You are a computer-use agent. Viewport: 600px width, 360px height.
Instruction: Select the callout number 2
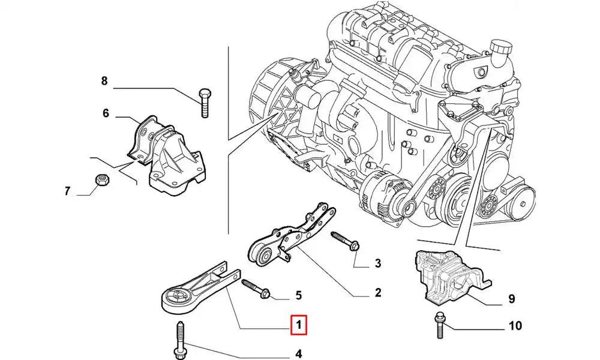[x=378, y=293]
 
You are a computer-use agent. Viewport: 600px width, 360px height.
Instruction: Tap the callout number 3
[x=378, y=263]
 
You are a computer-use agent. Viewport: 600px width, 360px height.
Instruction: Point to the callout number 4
[x=298, y=353]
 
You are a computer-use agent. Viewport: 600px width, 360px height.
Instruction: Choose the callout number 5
[x=298, y=295]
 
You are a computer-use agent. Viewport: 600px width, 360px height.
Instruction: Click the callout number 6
[x=106, y=112]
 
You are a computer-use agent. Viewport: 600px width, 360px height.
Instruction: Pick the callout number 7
[x=68, y=191]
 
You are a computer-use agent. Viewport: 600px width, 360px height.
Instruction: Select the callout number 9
[x=511, y=298]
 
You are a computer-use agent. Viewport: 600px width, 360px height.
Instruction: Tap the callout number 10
[x=515, y=326]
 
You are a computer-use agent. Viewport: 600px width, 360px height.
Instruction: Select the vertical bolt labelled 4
[x=180, y=340]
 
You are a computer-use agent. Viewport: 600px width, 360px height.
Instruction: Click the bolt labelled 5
[x=256, y=288]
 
